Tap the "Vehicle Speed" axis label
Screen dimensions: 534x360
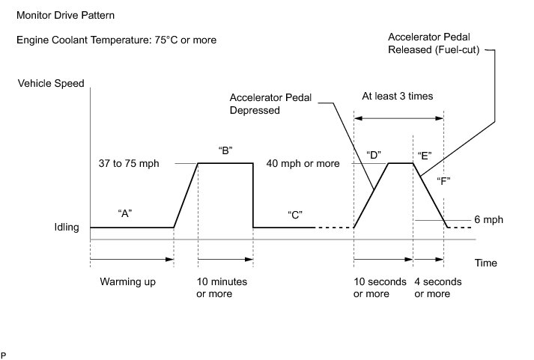[x=51, y=83]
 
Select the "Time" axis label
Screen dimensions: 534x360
[x=485, y=263]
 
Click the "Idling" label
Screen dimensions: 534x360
[x=66, y=227]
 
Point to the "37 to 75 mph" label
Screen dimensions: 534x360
[x=129, y=163]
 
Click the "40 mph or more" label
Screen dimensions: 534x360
[x=304, y=163]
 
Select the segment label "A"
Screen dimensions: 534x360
[x=126, y=213]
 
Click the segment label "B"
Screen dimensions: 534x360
[x=225, y=150]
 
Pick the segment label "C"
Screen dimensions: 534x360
[x=294, y=214]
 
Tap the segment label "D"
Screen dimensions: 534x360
[x=374, y=155]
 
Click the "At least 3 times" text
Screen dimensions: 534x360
[x=397, y=96]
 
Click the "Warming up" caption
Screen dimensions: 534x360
[x=125, y=282]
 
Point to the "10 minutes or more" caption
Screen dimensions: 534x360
[x=222, y=287]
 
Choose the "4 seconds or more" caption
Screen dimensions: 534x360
[x=438, y=287]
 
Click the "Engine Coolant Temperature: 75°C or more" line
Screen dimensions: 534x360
[x=116, y=40]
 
